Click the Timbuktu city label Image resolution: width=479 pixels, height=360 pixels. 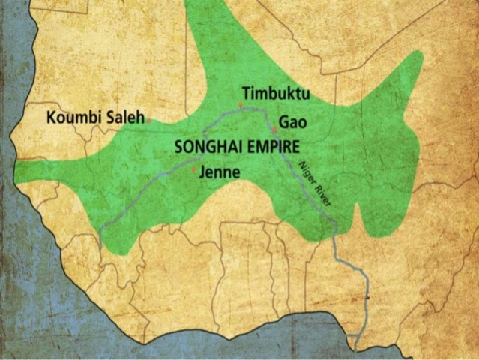tap(275, 94)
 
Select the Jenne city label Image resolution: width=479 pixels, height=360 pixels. tap(220, 172)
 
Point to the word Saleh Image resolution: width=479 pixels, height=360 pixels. tap(126, 117)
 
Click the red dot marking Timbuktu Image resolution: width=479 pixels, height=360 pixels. tap(241, 105)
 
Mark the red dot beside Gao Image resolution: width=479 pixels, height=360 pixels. tap(275, 130)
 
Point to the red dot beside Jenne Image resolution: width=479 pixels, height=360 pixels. tap(195, 171)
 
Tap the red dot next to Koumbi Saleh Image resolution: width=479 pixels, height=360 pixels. tap(150, 120)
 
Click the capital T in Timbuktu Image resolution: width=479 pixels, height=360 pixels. tap(247, 94)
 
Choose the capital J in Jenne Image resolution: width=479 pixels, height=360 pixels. tap(203, 172)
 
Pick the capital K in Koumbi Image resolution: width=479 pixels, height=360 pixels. tap(51, 118)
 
